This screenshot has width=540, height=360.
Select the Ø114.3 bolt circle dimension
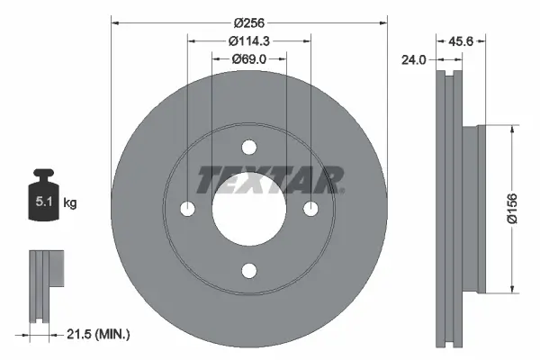(250, 40)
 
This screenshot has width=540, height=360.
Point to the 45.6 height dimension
(461, 40)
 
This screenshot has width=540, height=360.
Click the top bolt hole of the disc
(249, 148)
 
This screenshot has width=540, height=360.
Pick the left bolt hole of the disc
(188, 209)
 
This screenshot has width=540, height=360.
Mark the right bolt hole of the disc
(311, 209)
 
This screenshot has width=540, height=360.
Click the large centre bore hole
(249, 209)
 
